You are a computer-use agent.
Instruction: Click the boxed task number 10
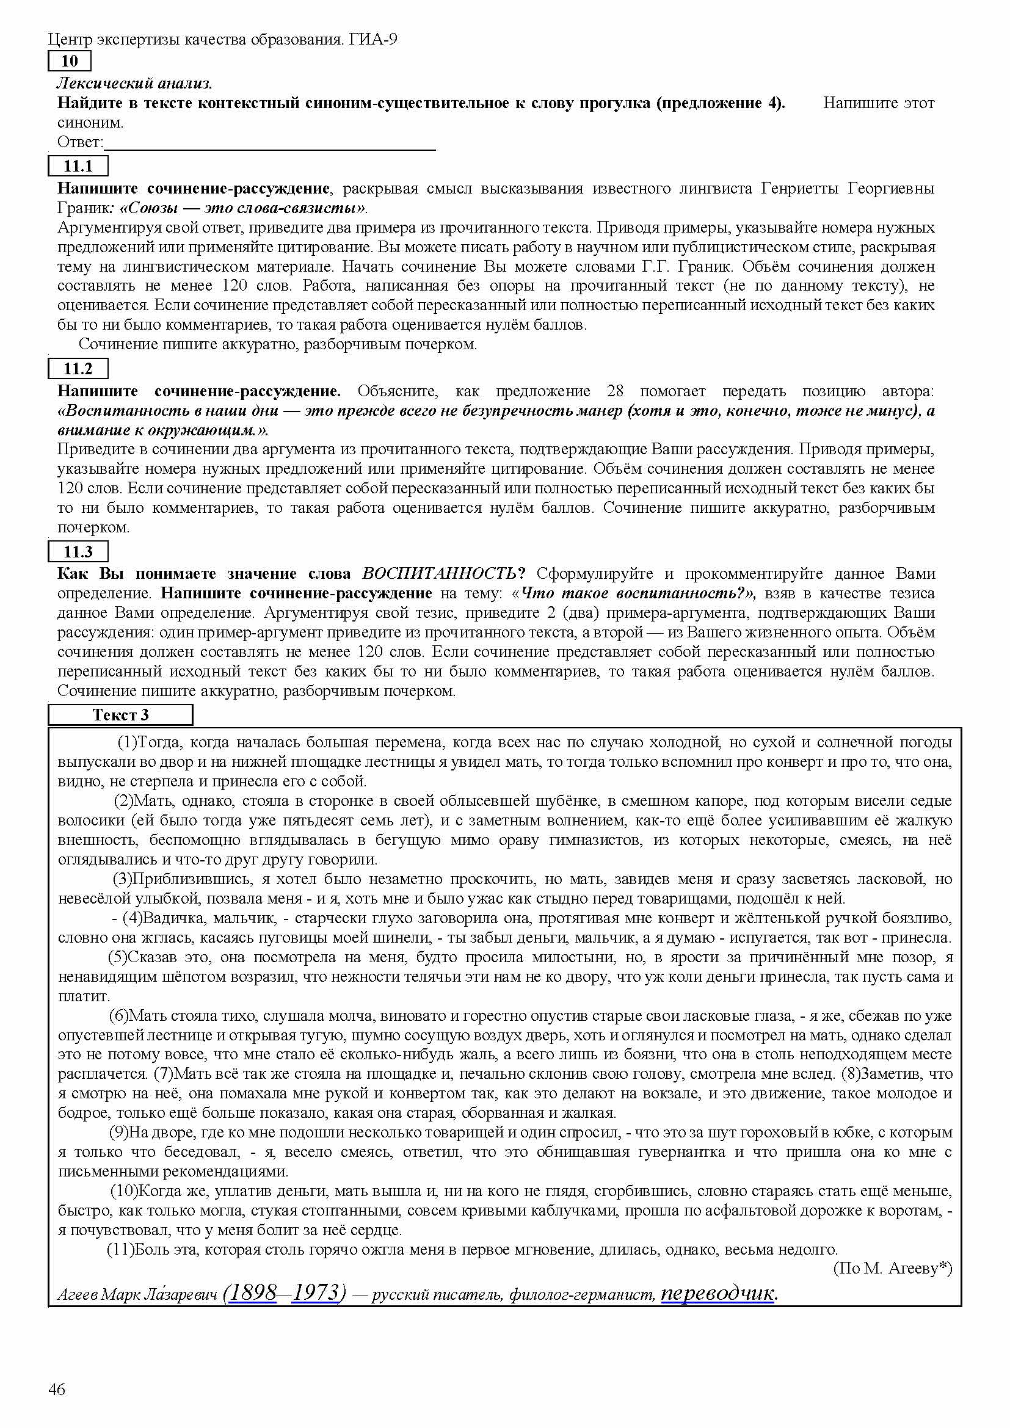click(x=70, y=61)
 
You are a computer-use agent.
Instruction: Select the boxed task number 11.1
click(x=78, y=166)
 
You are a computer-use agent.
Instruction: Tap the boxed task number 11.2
click(x=78, y=369)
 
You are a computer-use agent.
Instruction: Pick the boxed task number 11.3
click(x=78, y=552)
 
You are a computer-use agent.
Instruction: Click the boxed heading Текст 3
click(x=121, y=715)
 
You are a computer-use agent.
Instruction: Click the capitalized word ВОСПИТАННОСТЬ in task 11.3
click(x=438, y=573)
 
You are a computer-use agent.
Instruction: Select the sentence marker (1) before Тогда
click(x=127, y=742)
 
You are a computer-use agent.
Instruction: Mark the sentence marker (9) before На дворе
click(x=120, y=1133)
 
